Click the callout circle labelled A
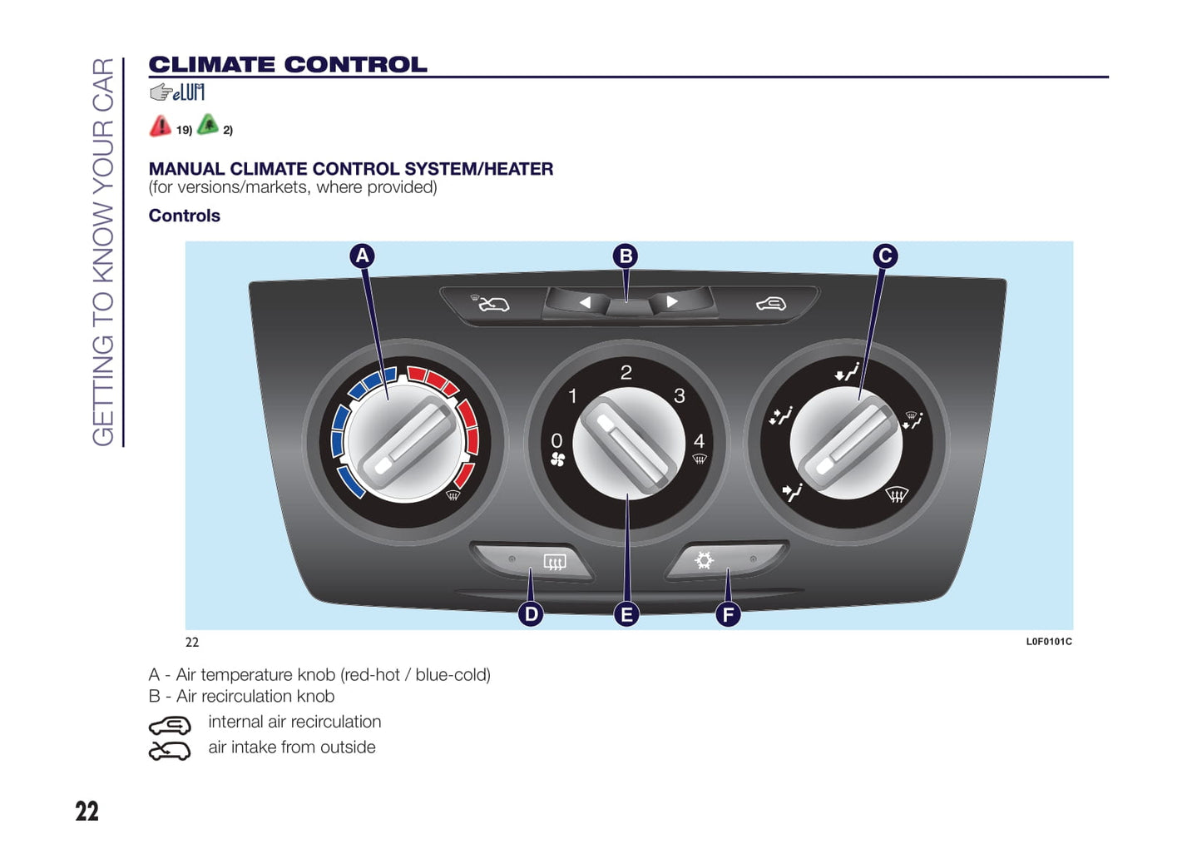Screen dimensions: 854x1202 [x=362, y=256]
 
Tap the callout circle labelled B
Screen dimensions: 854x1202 [x=626, y=256]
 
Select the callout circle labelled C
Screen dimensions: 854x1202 [x=885, y=256]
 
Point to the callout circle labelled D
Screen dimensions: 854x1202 [x=531, y=614]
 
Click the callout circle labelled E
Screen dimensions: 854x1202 [x=626, y=614]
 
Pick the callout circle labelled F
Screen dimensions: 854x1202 [x=728, y=614]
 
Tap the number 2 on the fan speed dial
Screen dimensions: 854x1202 [x=626, y=373]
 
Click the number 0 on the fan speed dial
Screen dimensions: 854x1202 [x=556, y=440]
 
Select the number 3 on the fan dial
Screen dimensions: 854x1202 [x=680, y=396]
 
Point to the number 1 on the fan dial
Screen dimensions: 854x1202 [x=572, y=396]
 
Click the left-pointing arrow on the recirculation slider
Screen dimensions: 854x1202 [x=585, y=302]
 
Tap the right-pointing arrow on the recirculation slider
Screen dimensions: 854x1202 [x=672, y=301]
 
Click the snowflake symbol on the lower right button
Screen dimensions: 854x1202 [x=704, y=560]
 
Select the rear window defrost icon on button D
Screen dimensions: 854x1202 [x=555, y=562]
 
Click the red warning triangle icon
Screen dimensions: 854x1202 [x=160, y=127]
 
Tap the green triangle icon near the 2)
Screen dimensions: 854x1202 [x=208, y=125]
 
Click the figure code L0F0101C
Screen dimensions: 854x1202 [x=1048, y=642]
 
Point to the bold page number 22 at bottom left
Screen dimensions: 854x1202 [x=87, y=812]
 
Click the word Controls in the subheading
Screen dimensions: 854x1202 [x=185, y=216]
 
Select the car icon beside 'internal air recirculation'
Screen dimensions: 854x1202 [x=170, y=725]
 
